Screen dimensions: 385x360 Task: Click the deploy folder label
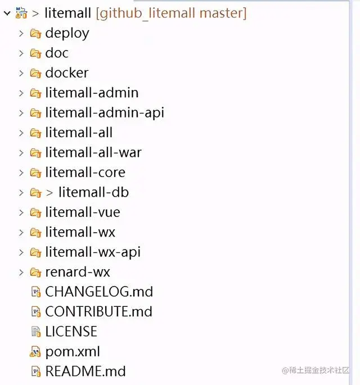67,33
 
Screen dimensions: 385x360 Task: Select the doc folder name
57,53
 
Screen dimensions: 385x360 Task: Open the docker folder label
66,73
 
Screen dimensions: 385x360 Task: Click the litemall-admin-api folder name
105,112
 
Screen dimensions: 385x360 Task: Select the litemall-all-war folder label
93,152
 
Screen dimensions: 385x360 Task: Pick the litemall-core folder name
85,172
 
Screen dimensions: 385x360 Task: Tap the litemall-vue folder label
83,212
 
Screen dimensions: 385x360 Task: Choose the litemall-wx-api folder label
93,252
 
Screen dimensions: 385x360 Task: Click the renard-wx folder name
78,272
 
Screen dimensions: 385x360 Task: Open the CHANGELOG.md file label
99,292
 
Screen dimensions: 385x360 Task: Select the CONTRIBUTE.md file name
98,311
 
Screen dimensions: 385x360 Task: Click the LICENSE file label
71,332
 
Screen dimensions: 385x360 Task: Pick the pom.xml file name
73,352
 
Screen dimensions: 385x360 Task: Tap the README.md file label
85,372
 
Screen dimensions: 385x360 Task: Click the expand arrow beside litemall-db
21,192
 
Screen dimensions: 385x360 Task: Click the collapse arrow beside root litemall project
6,13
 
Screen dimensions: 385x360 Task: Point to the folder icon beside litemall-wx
35,232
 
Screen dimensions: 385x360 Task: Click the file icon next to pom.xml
35,352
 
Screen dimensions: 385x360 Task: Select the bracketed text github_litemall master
171,13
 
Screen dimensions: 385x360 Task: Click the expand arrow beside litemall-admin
21,93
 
